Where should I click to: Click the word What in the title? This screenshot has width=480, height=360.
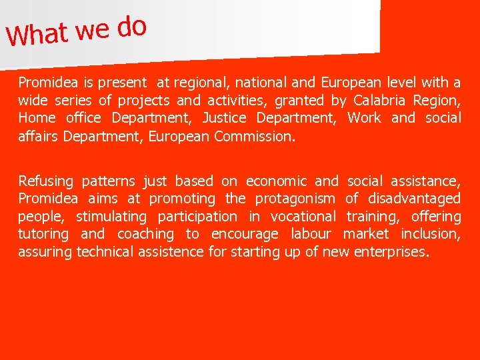(x=37, y=34)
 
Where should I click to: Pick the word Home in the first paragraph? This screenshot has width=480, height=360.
(x=37, y=118)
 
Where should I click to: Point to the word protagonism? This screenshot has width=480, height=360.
(x=295, y=199)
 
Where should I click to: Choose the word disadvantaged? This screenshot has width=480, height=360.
(x=416, y=199)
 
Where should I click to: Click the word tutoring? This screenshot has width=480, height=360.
(x=43, y=234)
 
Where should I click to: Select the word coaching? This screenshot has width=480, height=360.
(x=145, y=234)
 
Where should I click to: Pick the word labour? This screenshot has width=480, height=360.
(x=311, y=234)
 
